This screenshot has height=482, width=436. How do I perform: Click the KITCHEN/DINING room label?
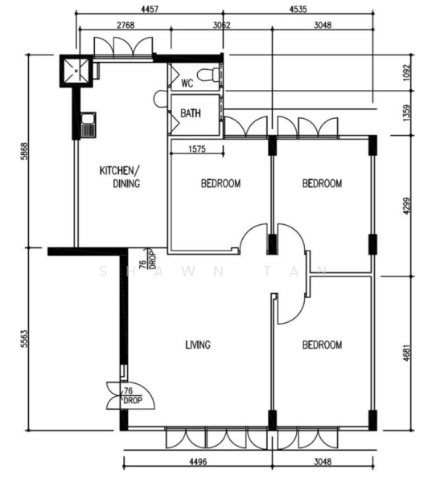pos(120,177)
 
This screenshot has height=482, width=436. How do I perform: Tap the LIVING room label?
pos(198,345)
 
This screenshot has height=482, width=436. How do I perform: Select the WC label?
pos(187,84)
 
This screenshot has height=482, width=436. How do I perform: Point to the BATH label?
pos(191,114)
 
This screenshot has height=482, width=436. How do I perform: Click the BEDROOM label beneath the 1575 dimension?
pos(220,184)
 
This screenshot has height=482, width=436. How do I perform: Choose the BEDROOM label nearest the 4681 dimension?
pos(322,345)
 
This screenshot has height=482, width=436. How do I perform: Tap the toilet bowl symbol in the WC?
pos(211,76)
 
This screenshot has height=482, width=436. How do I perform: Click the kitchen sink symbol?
pos(87,124)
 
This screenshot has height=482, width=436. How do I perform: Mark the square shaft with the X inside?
pos(77,70)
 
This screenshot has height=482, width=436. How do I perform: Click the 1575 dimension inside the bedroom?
pos(196,148)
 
